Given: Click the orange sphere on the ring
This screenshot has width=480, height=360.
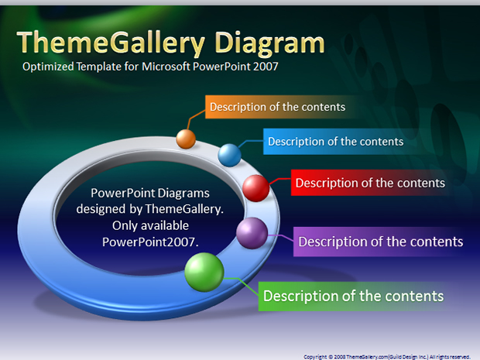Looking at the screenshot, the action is point(186,139).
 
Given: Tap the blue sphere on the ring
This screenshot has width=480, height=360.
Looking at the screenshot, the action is point(229,155).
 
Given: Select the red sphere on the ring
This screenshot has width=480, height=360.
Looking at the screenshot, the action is point(256,188).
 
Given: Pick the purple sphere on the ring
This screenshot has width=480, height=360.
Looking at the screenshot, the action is point(252,233).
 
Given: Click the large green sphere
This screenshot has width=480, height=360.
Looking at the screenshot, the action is point(204,272).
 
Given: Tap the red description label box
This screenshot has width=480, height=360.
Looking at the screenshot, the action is point(370,183).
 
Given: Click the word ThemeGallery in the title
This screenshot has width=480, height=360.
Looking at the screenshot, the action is point(111,43).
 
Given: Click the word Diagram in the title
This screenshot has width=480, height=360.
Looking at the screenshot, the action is point(269,44).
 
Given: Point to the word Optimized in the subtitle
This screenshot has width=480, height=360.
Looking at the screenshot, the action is point(48,67).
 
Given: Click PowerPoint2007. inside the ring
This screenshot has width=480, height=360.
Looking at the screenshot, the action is point(150,242).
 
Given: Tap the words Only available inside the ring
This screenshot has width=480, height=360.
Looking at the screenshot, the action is point(150,225).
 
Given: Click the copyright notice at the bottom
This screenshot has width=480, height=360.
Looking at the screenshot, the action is point(386,357).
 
